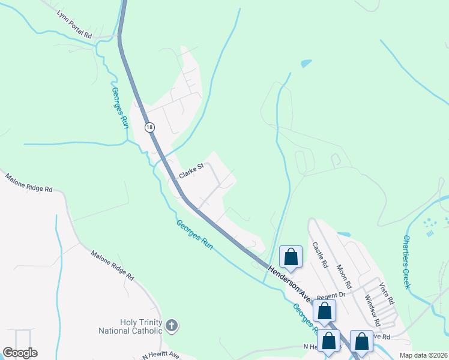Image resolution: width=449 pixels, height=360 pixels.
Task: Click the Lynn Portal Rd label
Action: tap(74, 25)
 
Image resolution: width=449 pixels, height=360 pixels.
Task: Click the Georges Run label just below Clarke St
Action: tap(195, 235)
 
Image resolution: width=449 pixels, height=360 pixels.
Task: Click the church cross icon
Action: tap(172, 326)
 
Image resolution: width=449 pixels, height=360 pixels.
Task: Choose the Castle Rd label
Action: tap(319, 255)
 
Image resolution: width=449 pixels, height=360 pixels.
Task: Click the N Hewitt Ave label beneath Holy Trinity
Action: tap(160, 355)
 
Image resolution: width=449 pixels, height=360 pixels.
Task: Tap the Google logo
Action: tap(20, 353)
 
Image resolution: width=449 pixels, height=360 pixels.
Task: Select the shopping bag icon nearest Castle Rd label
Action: tap(291, 257)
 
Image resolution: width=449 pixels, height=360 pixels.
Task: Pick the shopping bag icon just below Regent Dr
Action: tap(324, 311)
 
